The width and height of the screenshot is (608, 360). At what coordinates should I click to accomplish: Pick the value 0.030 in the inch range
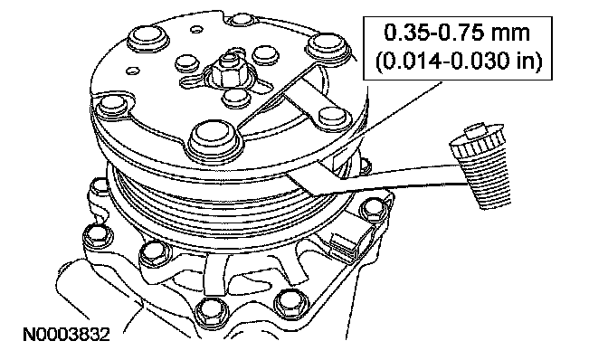[x=480, y=61]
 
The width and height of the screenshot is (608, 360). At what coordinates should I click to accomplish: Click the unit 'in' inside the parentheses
[x=526, y=61]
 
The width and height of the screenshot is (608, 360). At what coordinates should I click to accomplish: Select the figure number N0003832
[x=67, y=335]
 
